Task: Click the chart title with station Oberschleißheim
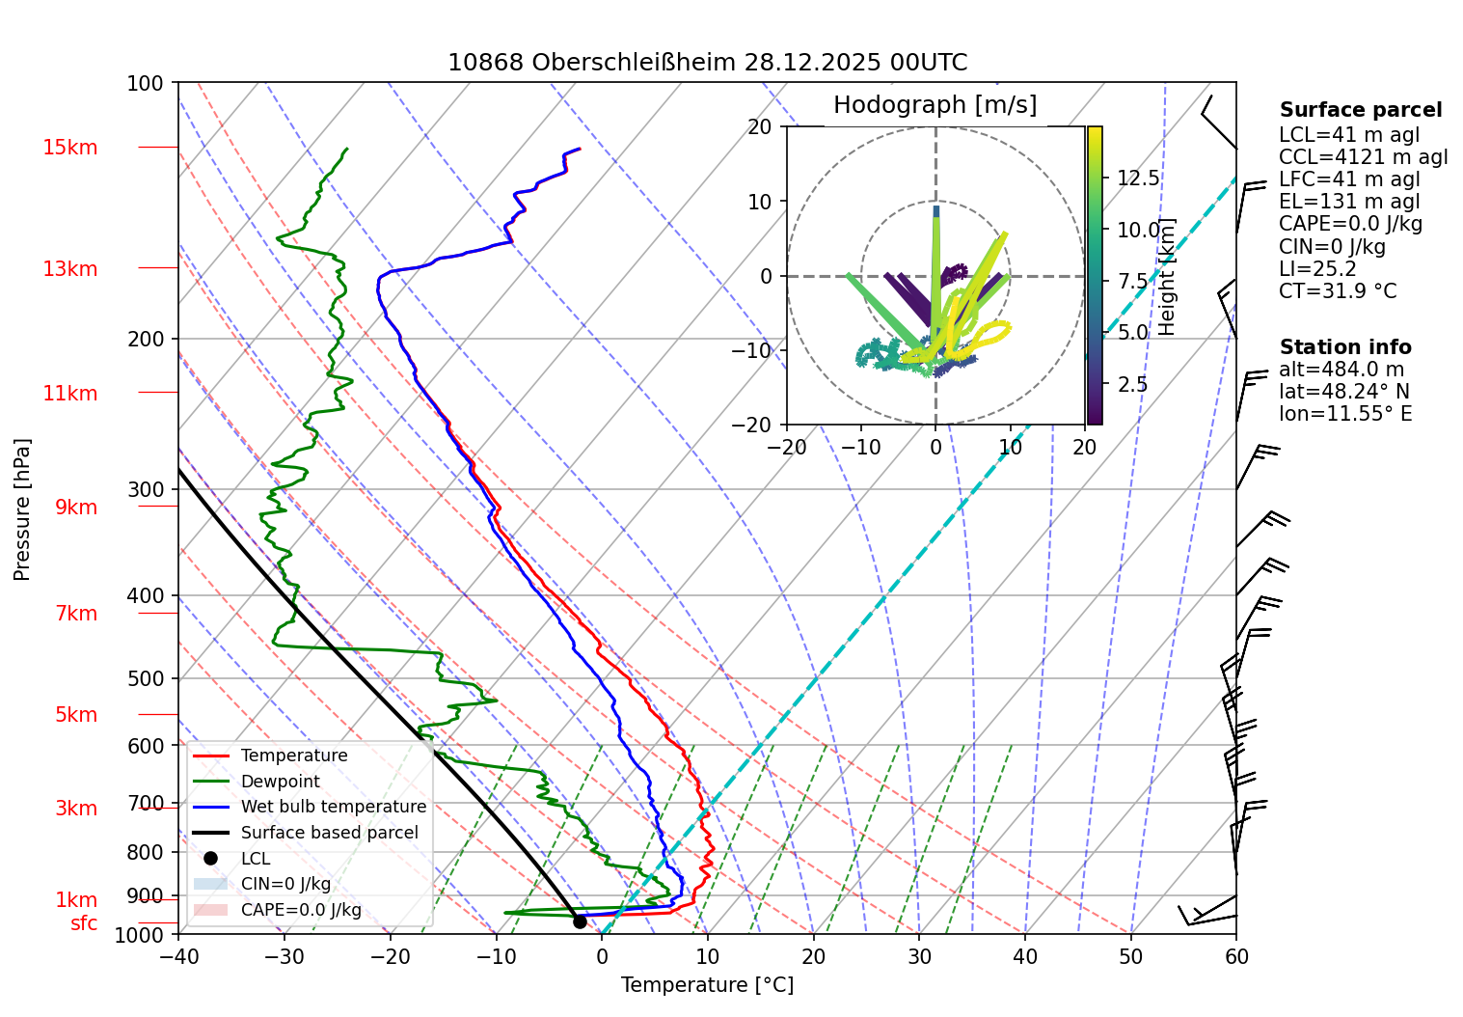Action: [x=707, y=63]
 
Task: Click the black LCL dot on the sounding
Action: [x=580, y=921]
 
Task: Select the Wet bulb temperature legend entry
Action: [x=333, y=807]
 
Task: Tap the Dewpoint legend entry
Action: [x=280, y=782]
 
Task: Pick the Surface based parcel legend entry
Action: [x=329, y=833]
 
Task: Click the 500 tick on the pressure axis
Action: [x=146, y=678]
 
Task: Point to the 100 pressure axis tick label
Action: [x=146, y=83]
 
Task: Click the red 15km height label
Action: [x=69, y=148]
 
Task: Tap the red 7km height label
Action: [x=76, y=614]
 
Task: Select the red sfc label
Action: [x=84, y=923]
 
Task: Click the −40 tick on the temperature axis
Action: [x=178, y=956]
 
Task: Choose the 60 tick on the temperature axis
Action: [x=1236, y=956]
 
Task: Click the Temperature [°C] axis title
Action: [x=707, y=985]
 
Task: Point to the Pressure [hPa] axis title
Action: [x=22, y=509]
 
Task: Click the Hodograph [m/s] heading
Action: [x=935, y=105]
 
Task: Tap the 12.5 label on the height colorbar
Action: [x=1138, y=179]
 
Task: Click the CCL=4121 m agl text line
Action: [x=1363, y=157]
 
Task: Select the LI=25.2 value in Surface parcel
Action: [x=1317, y=269]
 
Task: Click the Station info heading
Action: [x=1345, y=347]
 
